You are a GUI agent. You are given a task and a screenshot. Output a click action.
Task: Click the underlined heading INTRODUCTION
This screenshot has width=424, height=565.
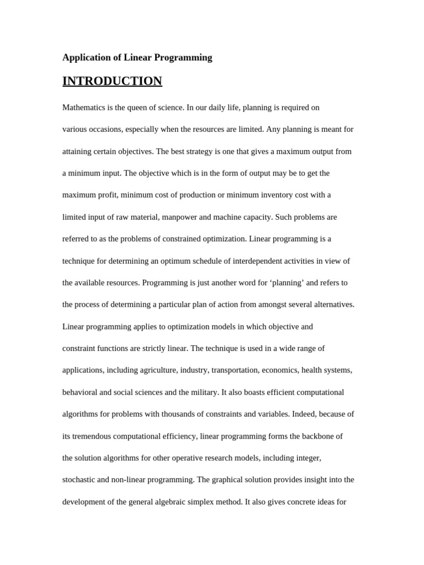[112, 81]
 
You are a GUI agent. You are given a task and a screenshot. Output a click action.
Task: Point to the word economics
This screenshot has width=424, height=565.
[279, 370]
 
